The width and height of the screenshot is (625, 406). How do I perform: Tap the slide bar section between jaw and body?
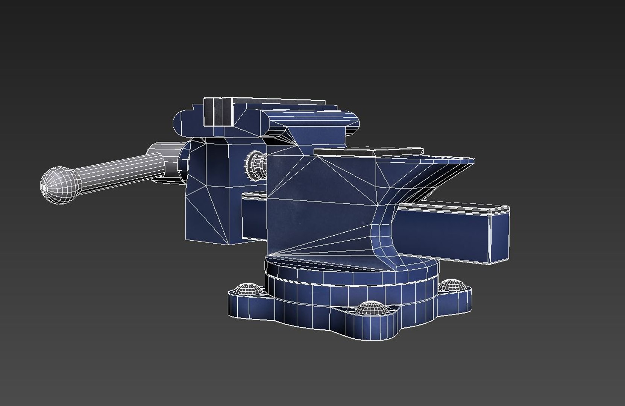254,218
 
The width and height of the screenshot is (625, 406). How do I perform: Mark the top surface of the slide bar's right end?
455,205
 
